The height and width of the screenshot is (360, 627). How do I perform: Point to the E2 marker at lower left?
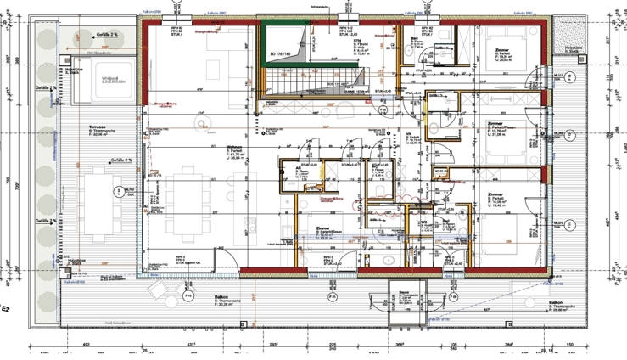[x=6, y=309]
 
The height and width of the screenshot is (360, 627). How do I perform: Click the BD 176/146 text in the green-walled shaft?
[x=280, y=55]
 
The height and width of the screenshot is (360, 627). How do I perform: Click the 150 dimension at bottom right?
[x=573, y=345]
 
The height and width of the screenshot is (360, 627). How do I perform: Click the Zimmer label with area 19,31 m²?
[x=323, y=229]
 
